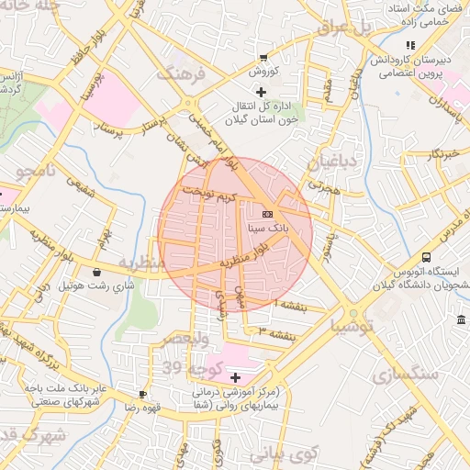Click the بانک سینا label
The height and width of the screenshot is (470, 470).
tap(267, 223)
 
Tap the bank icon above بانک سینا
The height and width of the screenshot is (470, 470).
tap(267, 212)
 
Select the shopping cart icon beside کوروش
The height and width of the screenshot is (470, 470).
tap(264, 57)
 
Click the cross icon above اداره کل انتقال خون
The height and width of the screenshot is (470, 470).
tap(262, 92)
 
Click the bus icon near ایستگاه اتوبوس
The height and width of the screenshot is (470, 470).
tap(426, 258)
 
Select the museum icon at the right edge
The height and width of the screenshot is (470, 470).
tap(460, 319)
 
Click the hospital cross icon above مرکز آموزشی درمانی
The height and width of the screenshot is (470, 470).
tap(235, 377)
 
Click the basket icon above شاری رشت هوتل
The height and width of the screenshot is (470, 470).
tap(97, 272)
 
